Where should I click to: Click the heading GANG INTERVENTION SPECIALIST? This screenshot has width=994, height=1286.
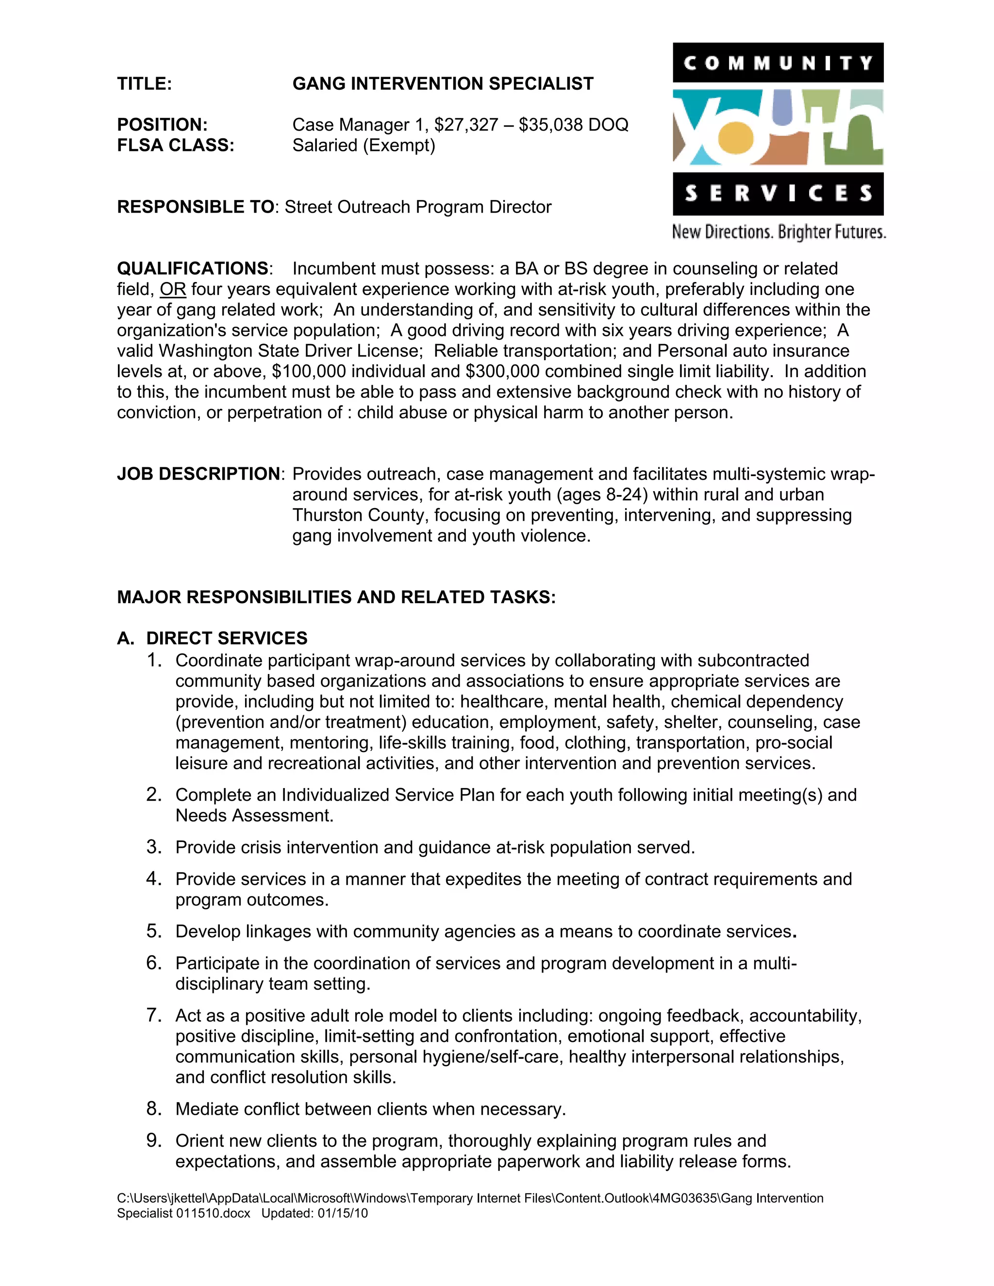(443, 83)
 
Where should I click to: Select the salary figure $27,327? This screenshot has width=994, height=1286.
(471, 125)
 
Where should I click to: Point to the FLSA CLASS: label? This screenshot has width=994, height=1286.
(176, 146)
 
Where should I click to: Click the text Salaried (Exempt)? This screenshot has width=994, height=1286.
(364, 146)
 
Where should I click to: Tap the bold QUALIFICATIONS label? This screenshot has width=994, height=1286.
(193, 268)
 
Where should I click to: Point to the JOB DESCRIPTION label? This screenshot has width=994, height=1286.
(199, 474)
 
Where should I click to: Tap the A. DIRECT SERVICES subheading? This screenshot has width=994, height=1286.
(212, 638)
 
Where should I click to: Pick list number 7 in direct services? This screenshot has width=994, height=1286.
(154, 1016)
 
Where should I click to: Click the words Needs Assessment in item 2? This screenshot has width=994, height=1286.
(254, 816)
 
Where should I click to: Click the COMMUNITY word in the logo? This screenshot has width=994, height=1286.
(778, 63)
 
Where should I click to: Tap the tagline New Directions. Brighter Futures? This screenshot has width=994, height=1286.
(779, 232)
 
